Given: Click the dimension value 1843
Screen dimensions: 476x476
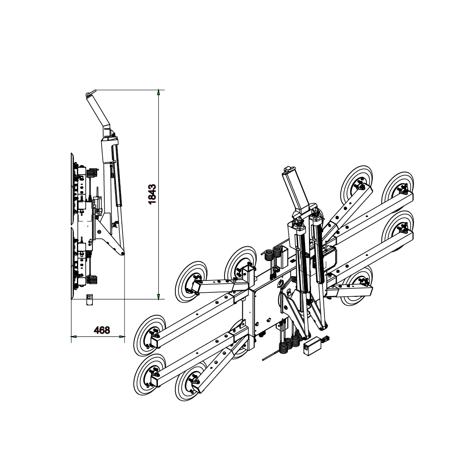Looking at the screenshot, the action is (152, 194).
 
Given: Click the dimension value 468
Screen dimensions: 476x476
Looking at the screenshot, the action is (102, 330).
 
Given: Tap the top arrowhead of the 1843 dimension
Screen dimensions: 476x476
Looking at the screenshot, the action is (159, 92).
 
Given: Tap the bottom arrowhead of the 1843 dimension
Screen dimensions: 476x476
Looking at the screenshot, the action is (159, 297).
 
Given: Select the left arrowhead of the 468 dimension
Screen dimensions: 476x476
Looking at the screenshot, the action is (74, 336).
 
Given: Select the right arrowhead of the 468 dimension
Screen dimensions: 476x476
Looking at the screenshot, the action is (122, 336).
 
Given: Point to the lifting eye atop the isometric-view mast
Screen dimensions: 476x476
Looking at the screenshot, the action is (289, 169).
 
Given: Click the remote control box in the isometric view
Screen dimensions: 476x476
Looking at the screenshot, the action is (312, 345).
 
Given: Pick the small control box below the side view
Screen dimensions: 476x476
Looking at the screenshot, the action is (89, 299).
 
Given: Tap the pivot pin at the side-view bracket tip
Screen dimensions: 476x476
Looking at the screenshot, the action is (123, 253).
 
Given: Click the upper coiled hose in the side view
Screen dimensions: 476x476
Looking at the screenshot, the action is (92, 173).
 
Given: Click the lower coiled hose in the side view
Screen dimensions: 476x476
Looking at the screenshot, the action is (91, 280).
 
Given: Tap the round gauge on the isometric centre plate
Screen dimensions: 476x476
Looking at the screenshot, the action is (280, 283).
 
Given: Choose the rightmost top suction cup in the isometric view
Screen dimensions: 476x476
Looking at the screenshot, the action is (398, 189).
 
